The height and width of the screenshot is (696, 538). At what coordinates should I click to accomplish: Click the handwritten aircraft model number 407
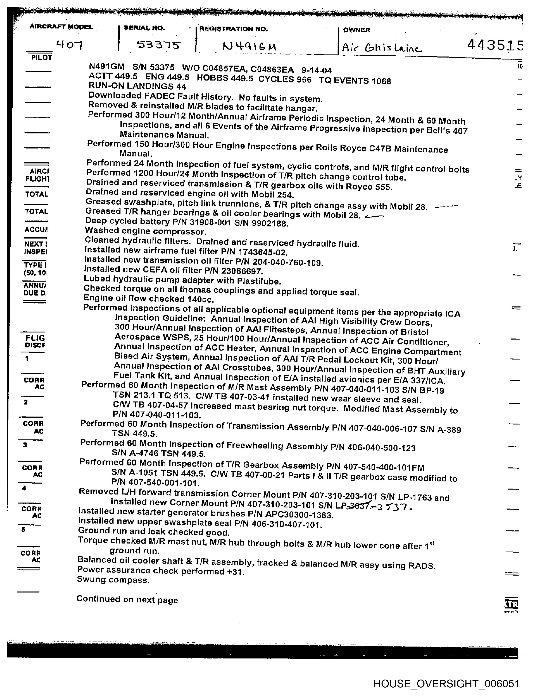(x=69, y=45)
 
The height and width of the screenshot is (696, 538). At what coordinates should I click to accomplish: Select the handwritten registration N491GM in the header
(x=249, y=47)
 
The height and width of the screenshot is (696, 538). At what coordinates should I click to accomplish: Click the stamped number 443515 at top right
(x=494, y=45)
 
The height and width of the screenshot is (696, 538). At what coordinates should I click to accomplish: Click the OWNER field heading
(x=356, y=30)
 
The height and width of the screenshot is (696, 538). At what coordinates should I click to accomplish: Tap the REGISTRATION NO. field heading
(x=233, y=29)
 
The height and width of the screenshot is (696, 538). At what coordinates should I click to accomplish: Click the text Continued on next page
(x=127, y=599)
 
